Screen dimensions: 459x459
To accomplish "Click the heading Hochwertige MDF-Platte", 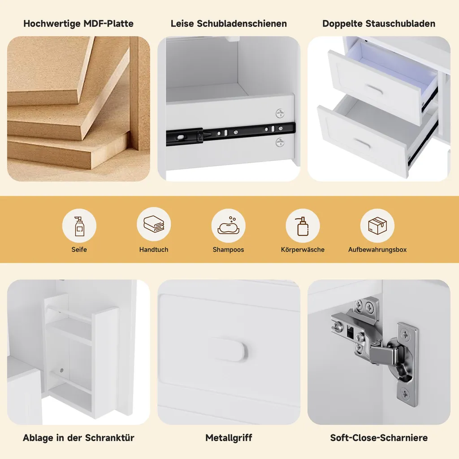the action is click(x=78, y=23).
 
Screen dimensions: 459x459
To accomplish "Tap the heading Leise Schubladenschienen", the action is click(x=229, y=23).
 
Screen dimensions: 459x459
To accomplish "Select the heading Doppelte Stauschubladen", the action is click(x=379, y=23).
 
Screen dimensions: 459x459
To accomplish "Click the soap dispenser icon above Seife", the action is click(x=79, y=226).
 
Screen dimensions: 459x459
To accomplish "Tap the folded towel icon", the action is click(x=154, y=224).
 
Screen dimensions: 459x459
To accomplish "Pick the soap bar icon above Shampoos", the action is click(x=229, y=225).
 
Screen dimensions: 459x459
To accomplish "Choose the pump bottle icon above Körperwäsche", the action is click(x=303, y=226).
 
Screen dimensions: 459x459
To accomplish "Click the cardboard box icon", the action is click(x=377, y=226).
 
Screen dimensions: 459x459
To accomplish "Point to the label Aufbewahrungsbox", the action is click(x=377, y=250).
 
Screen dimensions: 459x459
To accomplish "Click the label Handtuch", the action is click(x=154, y=250).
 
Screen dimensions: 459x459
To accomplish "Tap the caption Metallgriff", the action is click(x=229, y=437).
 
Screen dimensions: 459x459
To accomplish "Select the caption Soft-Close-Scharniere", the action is click(x=379, y=437).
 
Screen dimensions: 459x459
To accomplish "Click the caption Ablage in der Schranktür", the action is click(x=78, y=437).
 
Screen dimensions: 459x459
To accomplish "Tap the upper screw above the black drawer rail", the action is click(x=280, y=113).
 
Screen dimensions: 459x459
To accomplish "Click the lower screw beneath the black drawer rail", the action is click(x=280, y=143).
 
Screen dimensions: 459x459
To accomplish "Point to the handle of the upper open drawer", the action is click(x=374, y=90).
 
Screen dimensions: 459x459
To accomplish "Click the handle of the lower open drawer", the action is click(x=363, y=143).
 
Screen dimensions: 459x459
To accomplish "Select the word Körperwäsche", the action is click(x=303, y=250).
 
